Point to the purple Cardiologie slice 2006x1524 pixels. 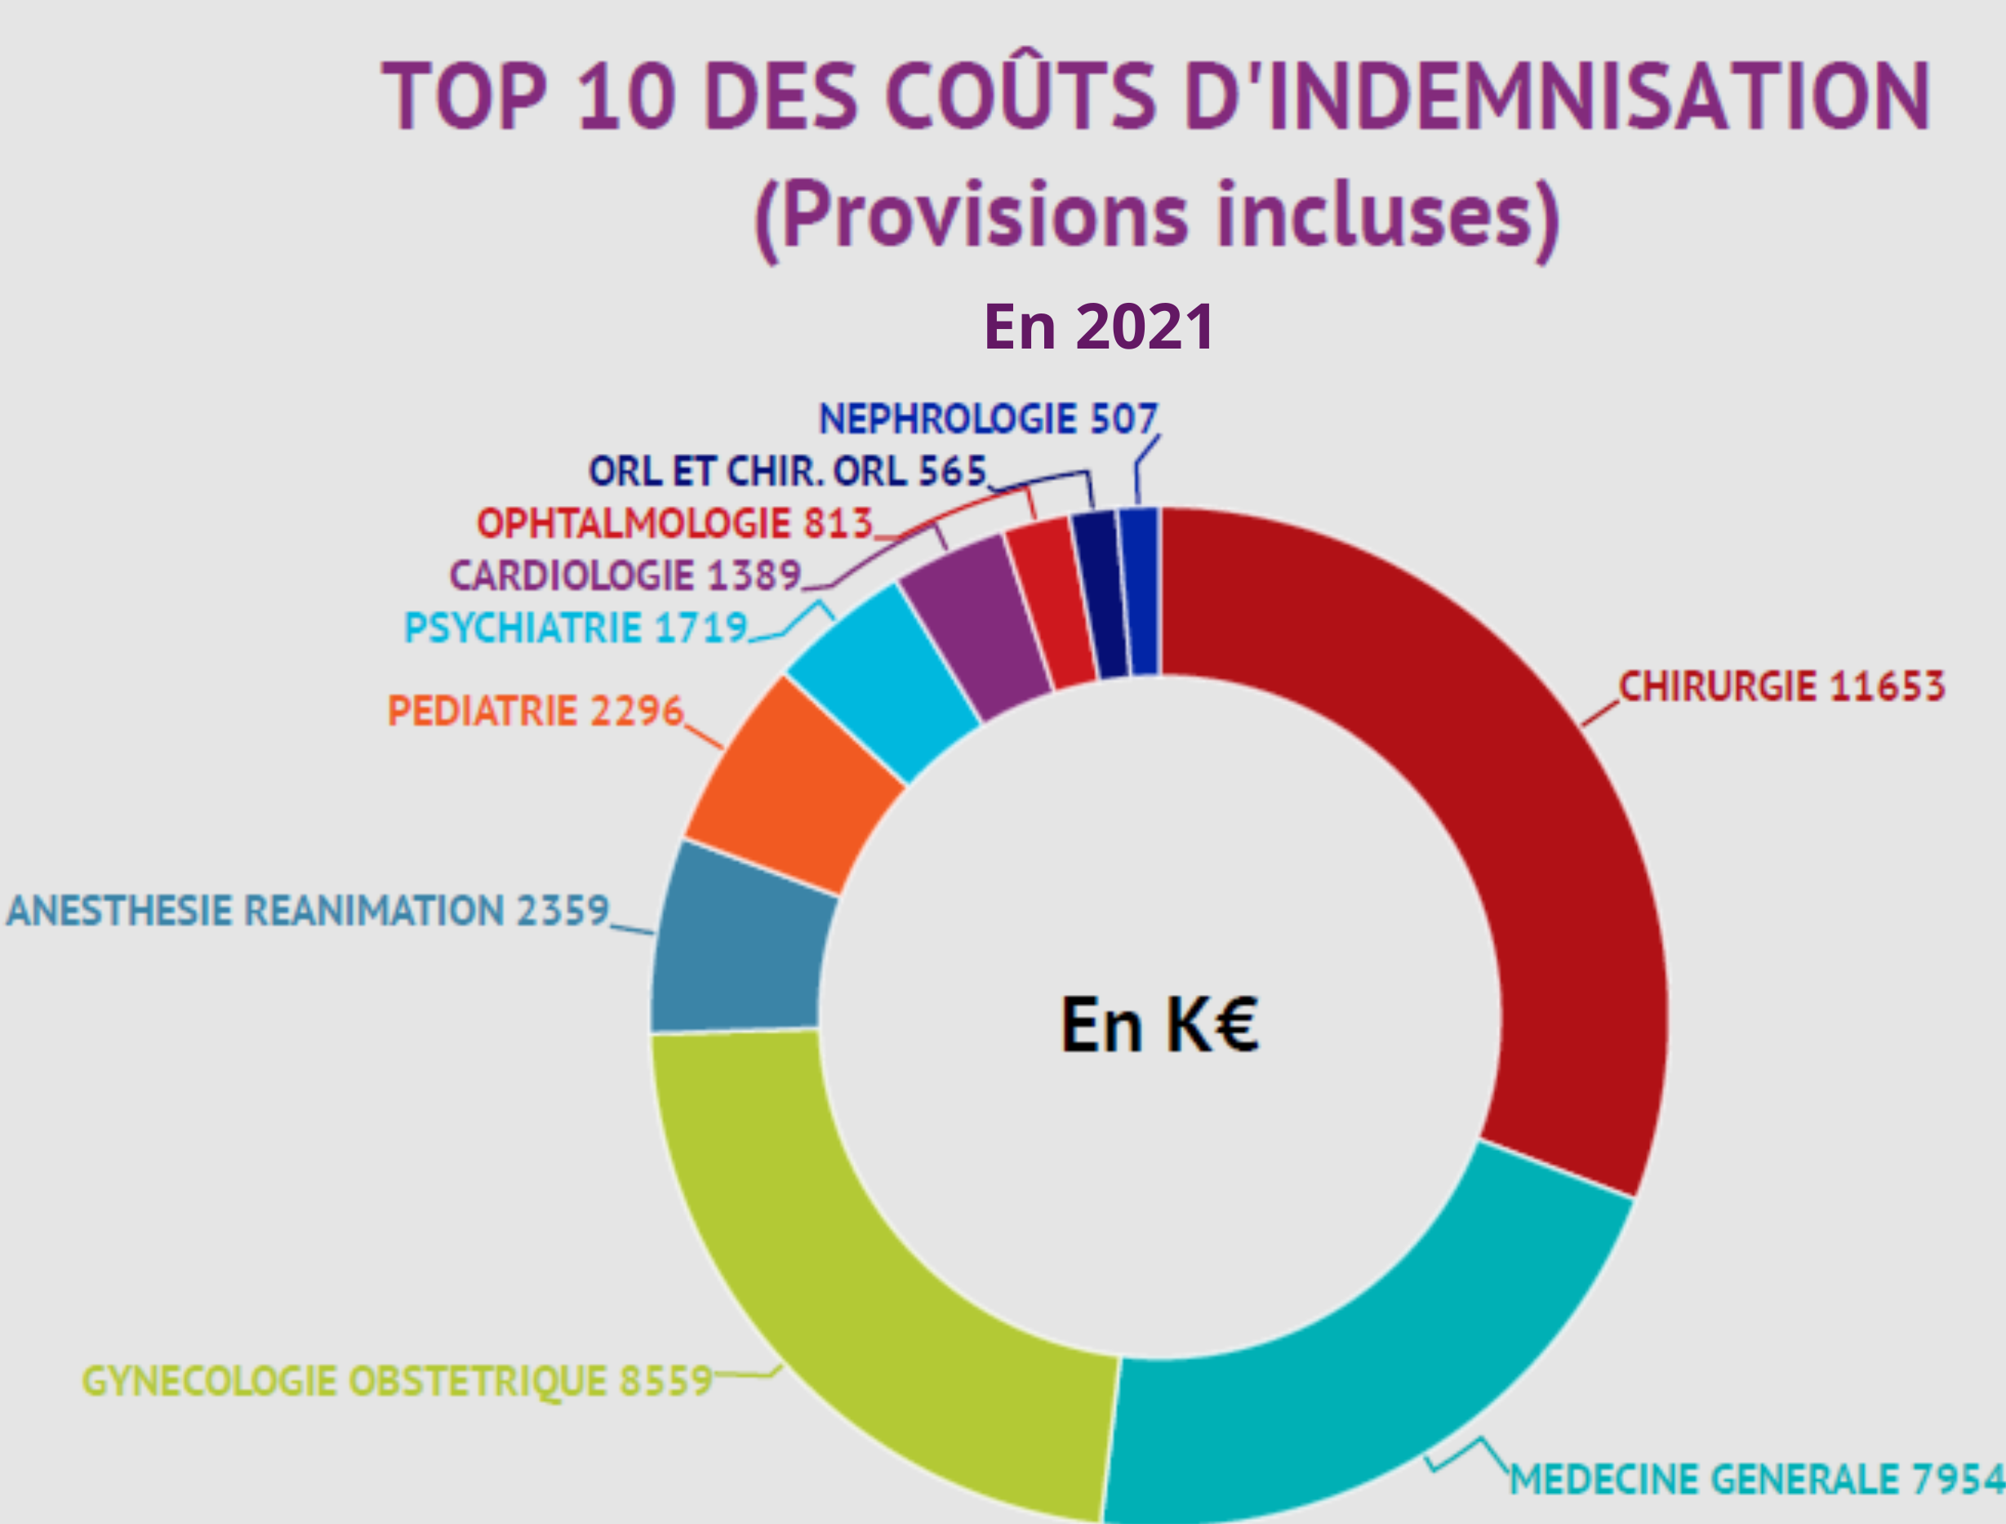coord(976,626)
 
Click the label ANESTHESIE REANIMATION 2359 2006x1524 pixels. coord(308,911)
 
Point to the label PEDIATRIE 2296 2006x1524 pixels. coord(536,711)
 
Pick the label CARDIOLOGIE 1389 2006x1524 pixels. coord(625,575)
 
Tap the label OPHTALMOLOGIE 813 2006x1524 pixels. coord(674,523)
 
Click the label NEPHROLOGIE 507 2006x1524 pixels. coord(988,419)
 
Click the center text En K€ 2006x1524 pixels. coord(1159,1025)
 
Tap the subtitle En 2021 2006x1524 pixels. coord(1099,327)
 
